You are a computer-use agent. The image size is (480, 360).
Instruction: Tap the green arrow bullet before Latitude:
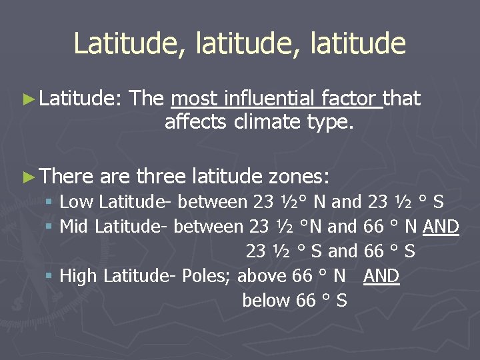[x=27, y=99]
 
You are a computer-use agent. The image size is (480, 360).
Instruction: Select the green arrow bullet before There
[x=27, y=177]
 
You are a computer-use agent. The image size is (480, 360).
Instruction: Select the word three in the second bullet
[x=161, y=176]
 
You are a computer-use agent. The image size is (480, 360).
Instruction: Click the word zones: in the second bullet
[x=299, y=176]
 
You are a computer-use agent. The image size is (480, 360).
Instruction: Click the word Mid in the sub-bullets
[x=75, y=227]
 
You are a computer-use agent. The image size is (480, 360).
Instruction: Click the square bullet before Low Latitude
[x=49, y=202]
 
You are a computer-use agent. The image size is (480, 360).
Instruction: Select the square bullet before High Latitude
[x=49, y=277]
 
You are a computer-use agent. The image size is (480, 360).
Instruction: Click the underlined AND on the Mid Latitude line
[x=441, y=227]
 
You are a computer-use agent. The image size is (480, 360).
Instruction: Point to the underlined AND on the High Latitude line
[x=381, y=276]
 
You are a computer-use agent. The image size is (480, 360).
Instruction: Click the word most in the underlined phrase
[x=194, y=99]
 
